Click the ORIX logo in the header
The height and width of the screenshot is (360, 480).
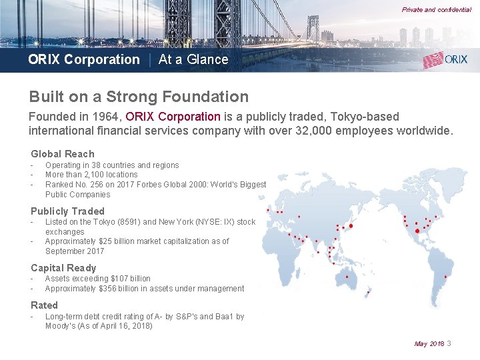click(x=445, y=59)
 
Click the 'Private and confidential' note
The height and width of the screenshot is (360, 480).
click(x=436, y=10)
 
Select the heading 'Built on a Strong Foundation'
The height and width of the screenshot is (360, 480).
click(x=139, y=97)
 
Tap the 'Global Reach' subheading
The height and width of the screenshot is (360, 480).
click(x=63, y=154)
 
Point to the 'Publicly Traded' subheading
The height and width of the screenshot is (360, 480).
click(x=67, y=211)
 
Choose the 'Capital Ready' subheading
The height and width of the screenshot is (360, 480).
click(x=63, y=268)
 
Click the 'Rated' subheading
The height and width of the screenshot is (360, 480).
click(x=44, y=305)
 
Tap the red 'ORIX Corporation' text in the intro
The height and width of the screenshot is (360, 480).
click(x=173, y=117)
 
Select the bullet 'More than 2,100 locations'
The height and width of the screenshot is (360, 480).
click(x=91, y=175)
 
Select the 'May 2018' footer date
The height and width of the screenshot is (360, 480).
click(x=429, y=344)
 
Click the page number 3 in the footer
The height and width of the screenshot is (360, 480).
click(x=449, y=343)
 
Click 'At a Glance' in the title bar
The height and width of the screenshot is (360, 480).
click(x=193, y=59)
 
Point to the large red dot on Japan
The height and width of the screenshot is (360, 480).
click(x=351, y=225)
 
